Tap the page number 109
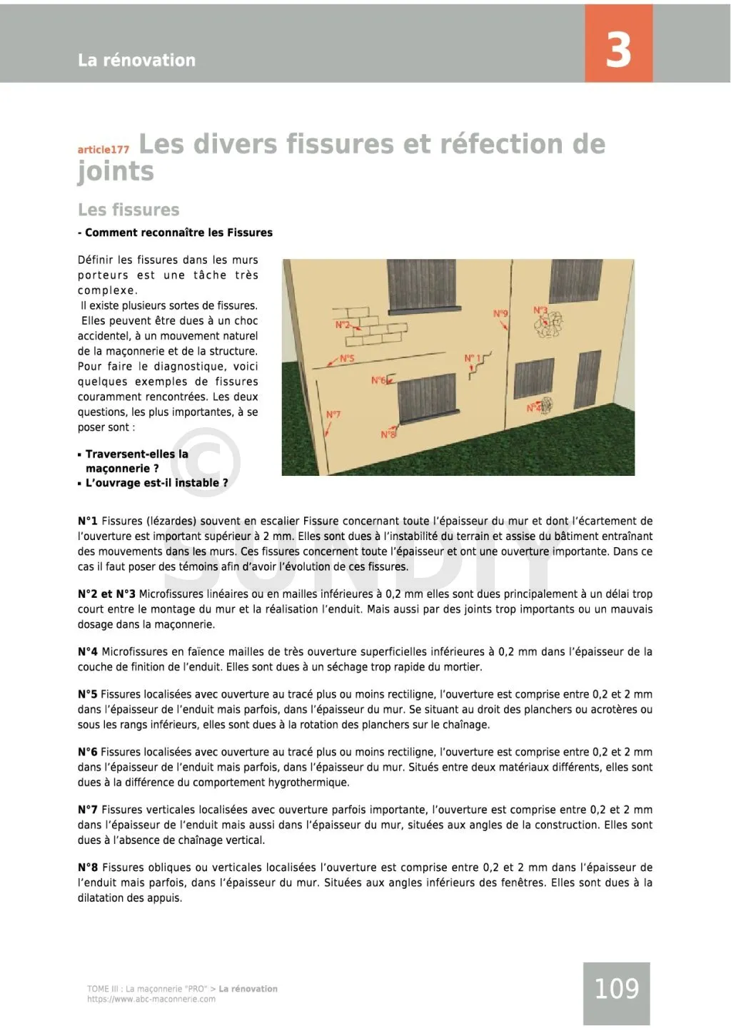[x=616, y=988]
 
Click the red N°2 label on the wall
[x=343, y=325]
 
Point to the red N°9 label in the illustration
[x=500, y=313]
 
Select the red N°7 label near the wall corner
[x=333, y=414]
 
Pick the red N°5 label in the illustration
[x=347, y=358]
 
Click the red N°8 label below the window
[x=388, y=434]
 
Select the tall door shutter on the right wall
[x=588, y=379]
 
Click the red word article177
[x=104, y=149]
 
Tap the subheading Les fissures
[x=128, y=210]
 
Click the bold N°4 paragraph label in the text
[x=88, y=651]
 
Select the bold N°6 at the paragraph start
[x=88, y=752]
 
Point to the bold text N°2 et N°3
[x=106, y=594]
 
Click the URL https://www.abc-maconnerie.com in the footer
[x=151, y=999]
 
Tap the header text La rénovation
[x=136, y=60]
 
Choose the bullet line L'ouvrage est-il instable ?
[x=156, y=483]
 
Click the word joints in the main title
[x=116, y=171]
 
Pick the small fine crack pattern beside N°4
[x=547, y=405]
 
